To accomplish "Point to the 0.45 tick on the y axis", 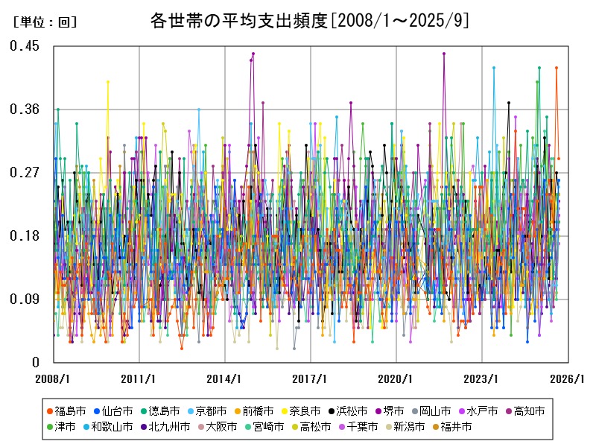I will point(25,46).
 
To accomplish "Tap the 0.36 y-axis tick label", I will point(25,110).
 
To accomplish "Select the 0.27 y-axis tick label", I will point(25,173).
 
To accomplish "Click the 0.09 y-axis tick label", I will point(25,299).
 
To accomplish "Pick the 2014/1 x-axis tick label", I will point(224,378).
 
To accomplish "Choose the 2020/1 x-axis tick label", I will point(396,378).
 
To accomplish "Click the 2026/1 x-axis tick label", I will point(568,378).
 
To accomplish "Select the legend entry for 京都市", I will point(208,410).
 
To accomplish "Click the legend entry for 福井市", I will point(452,427).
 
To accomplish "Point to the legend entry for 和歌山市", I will point(114,427).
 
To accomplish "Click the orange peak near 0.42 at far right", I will point(556,68).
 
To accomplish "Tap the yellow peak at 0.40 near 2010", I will point(108,81).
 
